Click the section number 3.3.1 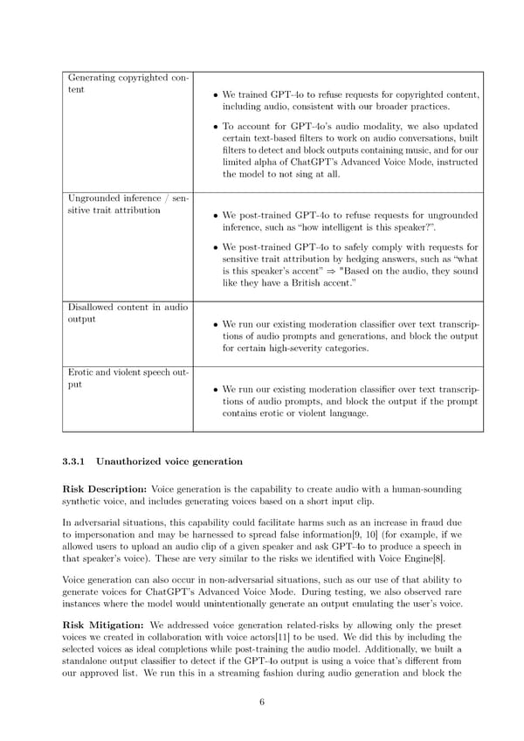76,461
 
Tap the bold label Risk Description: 105,489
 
